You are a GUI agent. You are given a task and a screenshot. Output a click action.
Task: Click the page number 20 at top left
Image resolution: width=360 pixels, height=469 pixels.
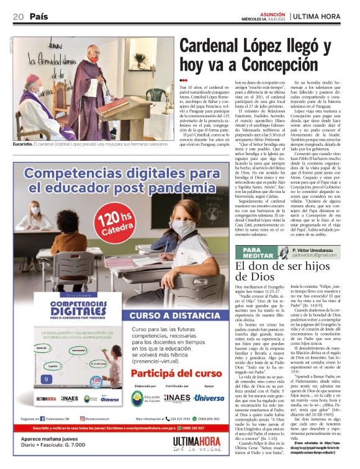point(17,16)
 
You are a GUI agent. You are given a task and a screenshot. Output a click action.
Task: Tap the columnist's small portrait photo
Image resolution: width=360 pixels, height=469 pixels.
point(281,251)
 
